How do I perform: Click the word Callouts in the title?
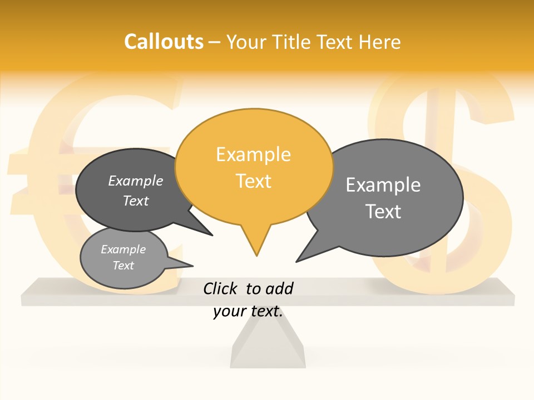[x=164, y=42]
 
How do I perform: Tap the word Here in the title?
[x=380, y=42]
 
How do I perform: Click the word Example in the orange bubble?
[x=253, y=154]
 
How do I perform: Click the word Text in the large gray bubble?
[x=383, y=212]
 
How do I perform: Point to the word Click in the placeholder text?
[x=221, y=288]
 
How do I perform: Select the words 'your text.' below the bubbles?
[x=248, y=312]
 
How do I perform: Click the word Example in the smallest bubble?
[x=123, y=250]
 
